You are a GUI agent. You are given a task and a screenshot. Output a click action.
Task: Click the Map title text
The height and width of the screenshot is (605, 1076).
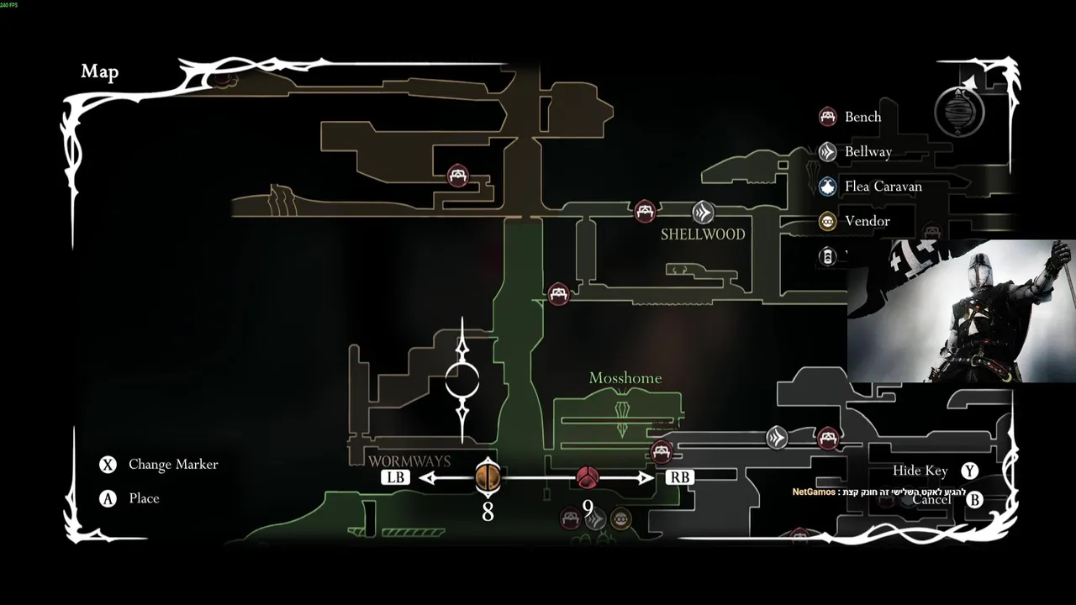click(x=99, y=72)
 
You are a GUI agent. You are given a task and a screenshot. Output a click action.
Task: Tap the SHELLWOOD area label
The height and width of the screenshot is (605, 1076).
click(x=703, y=234)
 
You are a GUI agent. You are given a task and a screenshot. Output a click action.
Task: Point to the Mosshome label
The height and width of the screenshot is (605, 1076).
click(x=625, y=378)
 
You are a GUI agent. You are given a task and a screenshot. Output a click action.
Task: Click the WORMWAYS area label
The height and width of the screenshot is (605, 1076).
click(x=409, y=461)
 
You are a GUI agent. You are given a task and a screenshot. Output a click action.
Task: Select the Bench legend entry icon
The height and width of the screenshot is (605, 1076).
click(x=828, y=117)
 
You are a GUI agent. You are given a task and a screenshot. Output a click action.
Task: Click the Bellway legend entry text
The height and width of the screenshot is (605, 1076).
click(x=868, y=152)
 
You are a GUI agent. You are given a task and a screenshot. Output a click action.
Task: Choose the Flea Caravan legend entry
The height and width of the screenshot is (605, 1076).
click(x=883, y=187)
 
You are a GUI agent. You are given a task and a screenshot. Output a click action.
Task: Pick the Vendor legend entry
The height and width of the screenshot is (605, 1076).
click(x=867, y=221)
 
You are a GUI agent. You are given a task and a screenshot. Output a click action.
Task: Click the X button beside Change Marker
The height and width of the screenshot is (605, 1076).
click(x=108, y=465)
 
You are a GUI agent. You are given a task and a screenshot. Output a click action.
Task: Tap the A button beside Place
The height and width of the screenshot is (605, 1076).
click(x=108, y=499)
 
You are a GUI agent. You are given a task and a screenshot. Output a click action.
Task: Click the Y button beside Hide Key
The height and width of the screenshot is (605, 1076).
click(x=970, y=471)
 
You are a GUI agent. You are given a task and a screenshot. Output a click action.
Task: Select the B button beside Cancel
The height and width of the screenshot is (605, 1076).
click(x=974, y=500)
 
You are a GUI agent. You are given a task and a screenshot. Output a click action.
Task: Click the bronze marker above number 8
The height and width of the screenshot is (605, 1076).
click(x=488, y=477)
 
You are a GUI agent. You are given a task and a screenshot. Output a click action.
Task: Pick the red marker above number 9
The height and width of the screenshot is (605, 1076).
click(x=588, y=477)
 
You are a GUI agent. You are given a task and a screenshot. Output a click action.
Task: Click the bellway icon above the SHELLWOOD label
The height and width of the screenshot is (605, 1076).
click(x=703, y=212)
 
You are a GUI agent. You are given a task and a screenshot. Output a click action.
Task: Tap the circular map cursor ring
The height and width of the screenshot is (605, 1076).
click(x=462, y=381)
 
